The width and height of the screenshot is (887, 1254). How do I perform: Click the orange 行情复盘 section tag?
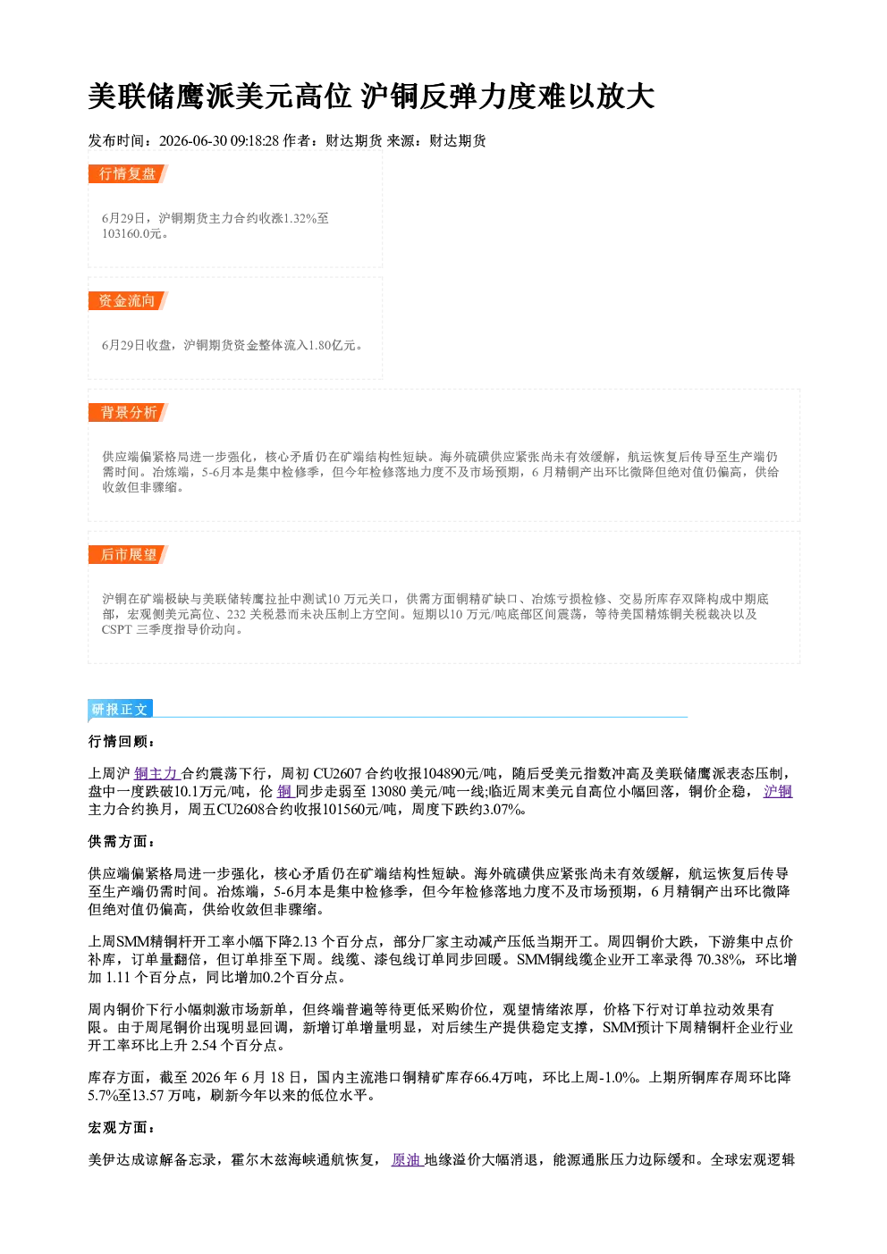[x=128, y=173]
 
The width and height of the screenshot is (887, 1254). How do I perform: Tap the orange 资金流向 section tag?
[x=128, y=300]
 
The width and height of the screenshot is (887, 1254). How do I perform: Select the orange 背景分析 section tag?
[x=128, y=413]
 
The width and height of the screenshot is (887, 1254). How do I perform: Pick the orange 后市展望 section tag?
[x=128, y=555]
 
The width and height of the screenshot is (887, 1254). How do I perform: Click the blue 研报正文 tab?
[x=120, y=709]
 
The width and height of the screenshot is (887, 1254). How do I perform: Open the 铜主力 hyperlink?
[x=156, y=774]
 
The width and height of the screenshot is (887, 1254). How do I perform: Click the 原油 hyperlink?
[x=406, y=1159]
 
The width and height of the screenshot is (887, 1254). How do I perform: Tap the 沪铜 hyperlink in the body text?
[x=778, y=792]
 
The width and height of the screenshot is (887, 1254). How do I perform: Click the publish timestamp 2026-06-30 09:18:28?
[x=219, y=140]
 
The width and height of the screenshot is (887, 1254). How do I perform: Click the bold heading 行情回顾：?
[x=121, y=742]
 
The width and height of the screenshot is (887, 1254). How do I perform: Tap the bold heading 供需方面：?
[x=121, y=841]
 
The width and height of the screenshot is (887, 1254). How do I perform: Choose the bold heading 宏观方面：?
[x=121, y=1127]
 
